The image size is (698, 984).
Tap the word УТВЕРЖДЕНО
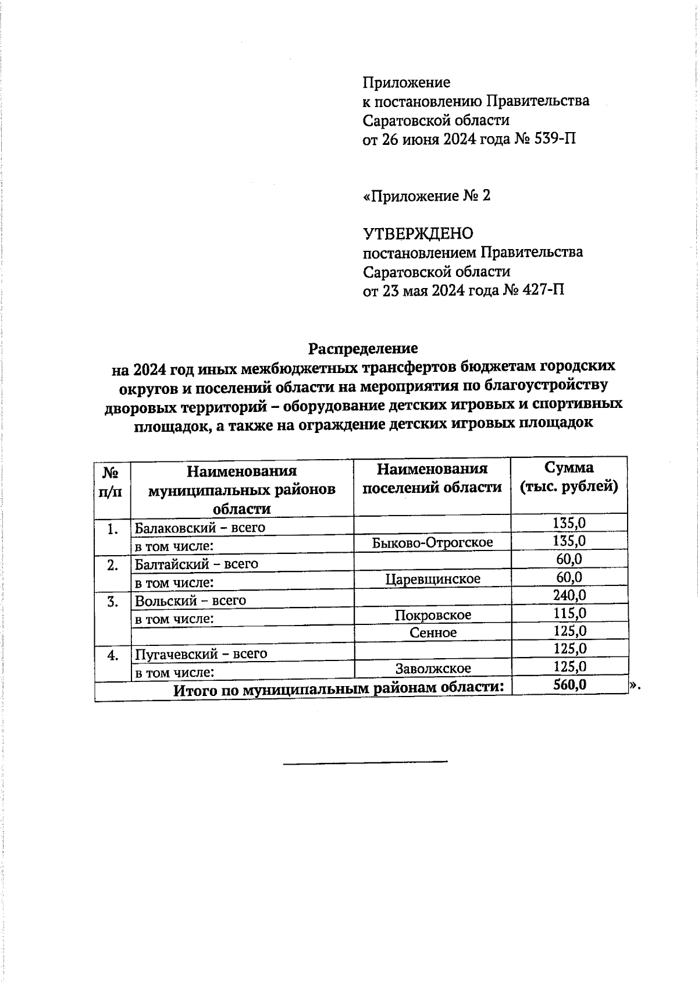click(x=418, y=233)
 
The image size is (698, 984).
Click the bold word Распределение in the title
click(x=362, y=348)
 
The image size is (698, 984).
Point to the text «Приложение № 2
click(x=426, y=196)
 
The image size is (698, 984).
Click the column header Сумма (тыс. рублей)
click(x=568, y=477)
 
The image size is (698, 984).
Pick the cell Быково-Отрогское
click(x=432, y=542)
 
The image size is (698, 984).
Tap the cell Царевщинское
click(x=433, y=578)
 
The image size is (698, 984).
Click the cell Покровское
click(x=433, y=614)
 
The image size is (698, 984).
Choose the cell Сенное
click(x=433, y=632)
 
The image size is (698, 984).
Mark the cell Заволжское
click(x=433, y=668)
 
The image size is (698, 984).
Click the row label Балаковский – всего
click(x=200, y=528)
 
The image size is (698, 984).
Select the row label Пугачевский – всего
click(x=201, y=653)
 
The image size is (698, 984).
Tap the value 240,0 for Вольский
click(x=569, y=595)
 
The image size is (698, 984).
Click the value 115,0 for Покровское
click(x=569, y=613)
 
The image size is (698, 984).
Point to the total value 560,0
click(x=569, y=685)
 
